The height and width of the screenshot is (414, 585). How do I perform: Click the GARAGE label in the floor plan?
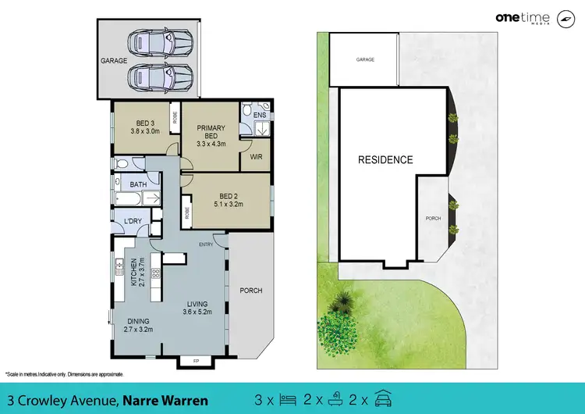pos(113,60)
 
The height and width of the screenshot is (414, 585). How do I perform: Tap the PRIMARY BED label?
pos(211,135)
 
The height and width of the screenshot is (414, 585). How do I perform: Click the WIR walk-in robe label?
pos(256,157)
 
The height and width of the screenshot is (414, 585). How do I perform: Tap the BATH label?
pos(138,184)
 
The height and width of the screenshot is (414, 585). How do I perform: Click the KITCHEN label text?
pos(133,272)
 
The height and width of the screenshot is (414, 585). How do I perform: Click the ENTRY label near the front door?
pos(206,244)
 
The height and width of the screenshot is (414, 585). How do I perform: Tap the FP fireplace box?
pos(195,361)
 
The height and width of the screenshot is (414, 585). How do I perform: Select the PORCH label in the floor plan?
pos(251,291)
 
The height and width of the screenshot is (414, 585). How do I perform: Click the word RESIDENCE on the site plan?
pos(385,160)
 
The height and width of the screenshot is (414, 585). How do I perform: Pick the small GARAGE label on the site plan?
pos(366,59)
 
